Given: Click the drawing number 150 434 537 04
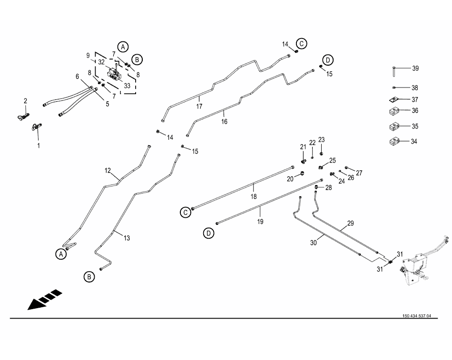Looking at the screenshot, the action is pyautogui.click(x=416, y=316).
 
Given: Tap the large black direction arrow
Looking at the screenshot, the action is pyautogui.click(x=45, y=300).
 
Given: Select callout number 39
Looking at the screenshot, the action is pyautogui.click(x=415, y=68).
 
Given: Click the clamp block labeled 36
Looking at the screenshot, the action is pyautogui.click(x=394, y=111).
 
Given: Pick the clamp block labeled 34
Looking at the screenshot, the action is pyautogui.click(x=394, y=141).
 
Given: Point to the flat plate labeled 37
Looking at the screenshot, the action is pyautogui.click(x=394, y=99).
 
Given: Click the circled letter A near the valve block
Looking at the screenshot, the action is pyautogui.click(x=123, y=47).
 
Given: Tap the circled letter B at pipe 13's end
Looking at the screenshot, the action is pyautogui.click(x=89, y=277).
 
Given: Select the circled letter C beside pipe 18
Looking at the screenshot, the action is pyautogui.click(x=186, y=213).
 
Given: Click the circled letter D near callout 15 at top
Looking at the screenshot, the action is pyautogui.click(x=328, y=60).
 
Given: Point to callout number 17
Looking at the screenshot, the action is pyautogui.click(x=199, y=107).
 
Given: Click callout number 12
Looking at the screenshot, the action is pyautogui.click(x=108, y=171).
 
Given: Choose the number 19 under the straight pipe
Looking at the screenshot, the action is pyautogui.click(x=260, y=222).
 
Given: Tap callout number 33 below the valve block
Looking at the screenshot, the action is pyautogui.click(x=127, y=86).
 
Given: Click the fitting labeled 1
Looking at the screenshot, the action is pyautogui.click(x=37, y=127).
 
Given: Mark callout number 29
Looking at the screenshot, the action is pyautogui.click(x=350, y=223).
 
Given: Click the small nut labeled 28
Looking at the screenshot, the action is pyautogui.click(x=316, y=187).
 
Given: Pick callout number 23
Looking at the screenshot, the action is pyautogui.click(x=322, y=140).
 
